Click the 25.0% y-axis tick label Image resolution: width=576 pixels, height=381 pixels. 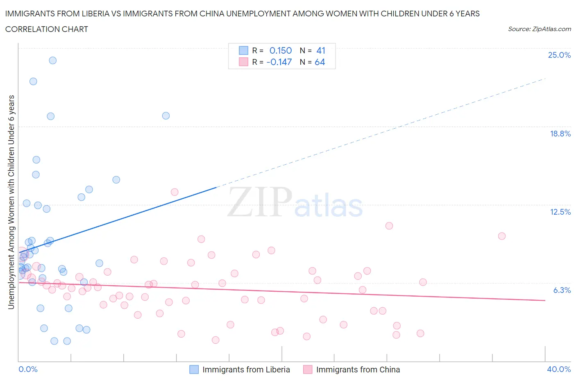coord(559,55)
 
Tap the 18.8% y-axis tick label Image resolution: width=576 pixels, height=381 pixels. coord(560,134)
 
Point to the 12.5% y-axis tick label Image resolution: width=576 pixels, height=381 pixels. coord(560,212)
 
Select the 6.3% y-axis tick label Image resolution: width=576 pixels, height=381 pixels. coord(562,290)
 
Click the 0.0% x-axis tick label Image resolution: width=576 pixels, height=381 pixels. coord(28,369)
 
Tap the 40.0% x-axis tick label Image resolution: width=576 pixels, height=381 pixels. coord(559,369)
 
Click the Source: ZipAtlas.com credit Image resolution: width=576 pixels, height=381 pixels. coord(539,29)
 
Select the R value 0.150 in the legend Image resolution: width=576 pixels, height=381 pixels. coord(280,50)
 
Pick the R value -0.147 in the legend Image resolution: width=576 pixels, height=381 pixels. coord(279,62)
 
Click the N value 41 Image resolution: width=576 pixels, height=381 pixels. coord(321,50)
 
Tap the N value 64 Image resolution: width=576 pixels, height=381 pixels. coord(320,62)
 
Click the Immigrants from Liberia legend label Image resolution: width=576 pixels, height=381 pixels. coord(246,370)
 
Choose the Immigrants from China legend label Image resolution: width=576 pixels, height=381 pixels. coord(358,370)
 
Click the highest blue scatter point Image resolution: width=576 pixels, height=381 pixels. coord(53,60)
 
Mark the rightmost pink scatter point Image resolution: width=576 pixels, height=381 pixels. coord(502,236)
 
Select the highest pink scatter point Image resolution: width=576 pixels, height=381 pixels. coord(175,192)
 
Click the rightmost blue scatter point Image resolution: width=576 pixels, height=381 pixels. coord(166,116)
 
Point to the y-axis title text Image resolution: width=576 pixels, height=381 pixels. coord(11,202)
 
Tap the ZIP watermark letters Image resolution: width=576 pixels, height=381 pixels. coord(260,202)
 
